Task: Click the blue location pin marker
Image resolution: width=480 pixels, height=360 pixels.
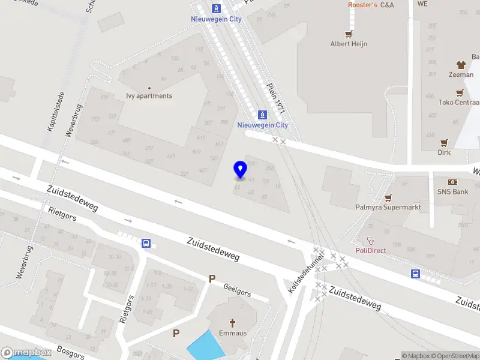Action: pos(241,170)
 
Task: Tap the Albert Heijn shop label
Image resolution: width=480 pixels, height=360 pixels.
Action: pos(349,44)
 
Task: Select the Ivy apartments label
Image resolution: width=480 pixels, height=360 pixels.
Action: pos(149,96)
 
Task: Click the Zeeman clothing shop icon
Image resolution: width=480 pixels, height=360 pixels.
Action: pos(461,65)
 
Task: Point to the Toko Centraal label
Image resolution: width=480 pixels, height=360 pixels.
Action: pos(458,102)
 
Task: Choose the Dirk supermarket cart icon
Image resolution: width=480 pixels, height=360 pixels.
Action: pos(444,143)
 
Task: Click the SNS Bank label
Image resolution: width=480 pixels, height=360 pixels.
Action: pos(452,192)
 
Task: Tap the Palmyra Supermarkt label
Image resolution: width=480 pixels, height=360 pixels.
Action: pos(387,207)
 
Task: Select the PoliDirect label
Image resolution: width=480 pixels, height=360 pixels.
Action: pos(371,250)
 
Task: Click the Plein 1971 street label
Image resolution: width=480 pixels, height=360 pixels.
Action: pos(277,98)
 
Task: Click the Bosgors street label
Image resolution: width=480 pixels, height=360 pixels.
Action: pos(71,352)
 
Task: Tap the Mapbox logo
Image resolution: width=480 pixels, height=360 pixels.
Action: pos(25,353)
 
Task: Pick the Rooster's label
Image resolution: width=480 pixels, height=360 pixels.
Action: pos(362,5)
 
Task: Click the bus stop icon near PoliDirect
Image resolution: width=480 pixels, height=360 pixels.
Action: pos(415,274)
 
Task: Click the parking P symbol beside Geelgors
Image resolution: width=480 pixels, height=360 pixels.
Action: pos(211,278)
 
